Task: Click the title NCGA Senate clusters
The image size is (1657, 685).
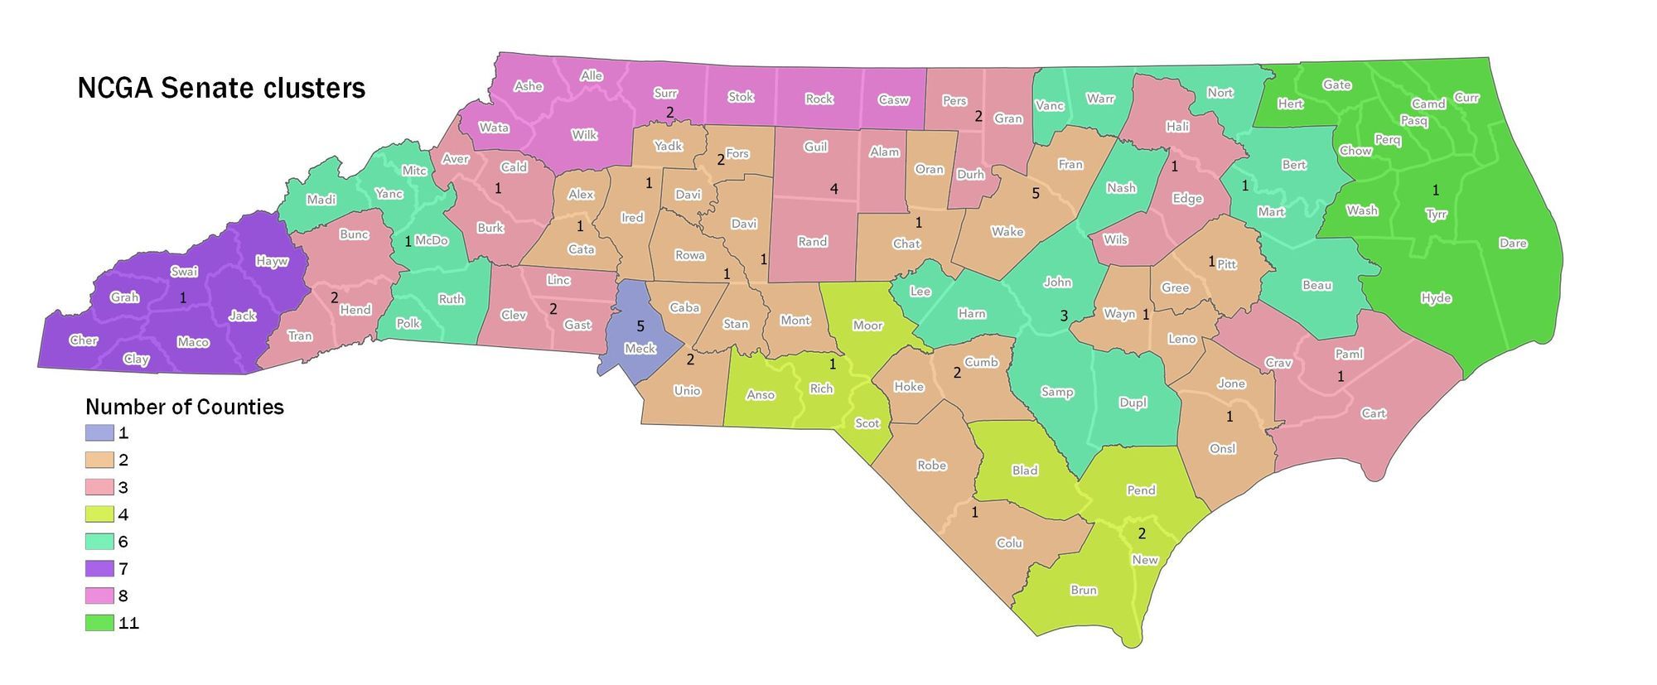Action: coord(221,89)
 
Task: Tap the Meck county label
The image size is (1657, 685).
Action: coord(640,349)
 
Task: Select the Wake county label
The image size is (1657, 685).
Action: coord(1007,232)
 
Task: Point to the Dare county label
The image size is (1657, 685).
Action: coord(1513,244)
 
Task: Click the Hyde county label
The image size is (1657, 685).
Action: coord(1436,298)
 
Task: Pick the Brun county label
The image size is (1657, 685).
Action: coord(1084,591)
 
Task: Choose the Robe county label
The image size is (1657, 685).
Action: coord(932,466)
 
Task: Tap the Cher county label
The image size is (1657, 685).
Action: coord(84,340)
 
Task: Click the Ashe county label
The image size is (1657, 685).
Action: coord(529,86)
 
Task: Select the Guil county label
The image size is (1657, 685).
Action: coord(816,147)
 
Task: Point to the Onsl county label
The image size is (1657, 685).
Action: coord(1223,449)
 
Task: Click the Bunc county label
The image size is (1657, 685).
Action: coord(354,234)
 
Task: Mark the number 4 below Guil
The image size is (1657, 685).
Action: coord(834,190)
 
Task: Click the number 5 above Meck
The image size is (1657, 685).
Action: coord(640,326)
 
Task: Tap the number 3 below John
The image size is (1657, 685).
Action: coord(1064,316)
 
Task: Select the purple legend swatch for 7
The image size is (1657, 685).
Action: coord(99,569)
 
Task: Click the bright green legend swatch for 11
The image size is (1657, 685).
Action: coord(99,624)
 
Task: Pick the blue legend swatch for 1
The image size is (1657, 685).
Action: coord(99,433)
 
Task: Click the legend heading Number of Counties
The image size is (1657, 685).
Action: coord(185,408)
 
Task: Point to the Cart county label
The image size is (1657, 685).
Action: coord(1374,413)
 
